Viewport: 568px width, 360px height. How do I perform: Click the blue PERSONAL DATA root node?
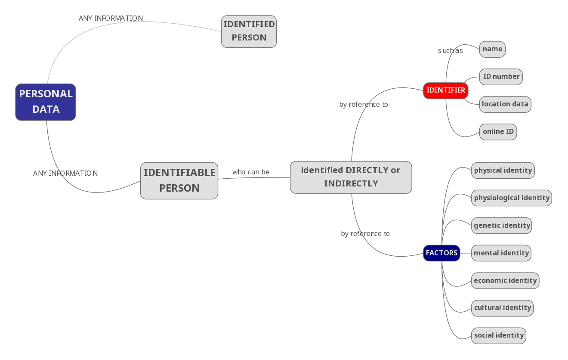point(46,102)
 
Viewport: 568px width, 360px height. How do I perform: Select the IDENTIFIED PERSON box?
point(249,31)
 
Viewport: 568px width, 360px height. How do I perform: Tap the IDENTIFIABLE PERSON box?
point(179,180)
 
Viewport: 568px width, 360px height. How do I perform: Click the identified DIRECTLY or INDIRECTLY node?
point(351,177)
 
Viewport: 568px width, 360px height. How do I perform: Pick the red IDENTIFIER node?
point(445,90)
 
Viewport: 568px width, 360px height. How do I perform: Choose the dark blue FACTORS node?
point(441,253)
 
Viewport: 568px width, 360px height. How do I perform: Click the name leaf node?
point(492,49)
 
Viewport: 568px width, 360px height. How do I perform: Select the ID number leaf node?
point(501,77)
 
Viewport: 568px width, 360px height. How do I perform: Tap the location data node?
point(505,104)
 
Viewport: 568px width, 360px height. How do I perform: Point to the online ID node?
point(498,132)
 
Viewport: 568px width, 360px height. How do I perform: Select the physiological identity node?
point(511,198)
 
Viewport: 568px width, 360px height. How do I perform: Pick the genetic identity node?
point(501,226)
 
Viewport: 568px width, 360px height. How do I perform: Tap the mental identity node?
point(501,253)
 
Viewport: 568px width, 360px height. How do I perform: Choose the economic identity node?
point(505,281)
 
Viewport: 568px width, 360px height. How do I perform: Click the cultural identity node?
point(502,308)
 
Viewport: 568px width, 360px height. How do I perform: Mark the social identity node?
point(498,335)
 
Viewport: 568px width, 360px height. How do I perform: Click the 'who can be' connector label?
point(250,172)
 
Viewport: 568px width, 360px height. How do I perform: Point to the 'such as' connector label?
point(450,51)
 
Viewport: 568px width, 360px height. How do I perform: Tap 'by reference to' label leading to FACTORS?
point(365,234)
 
